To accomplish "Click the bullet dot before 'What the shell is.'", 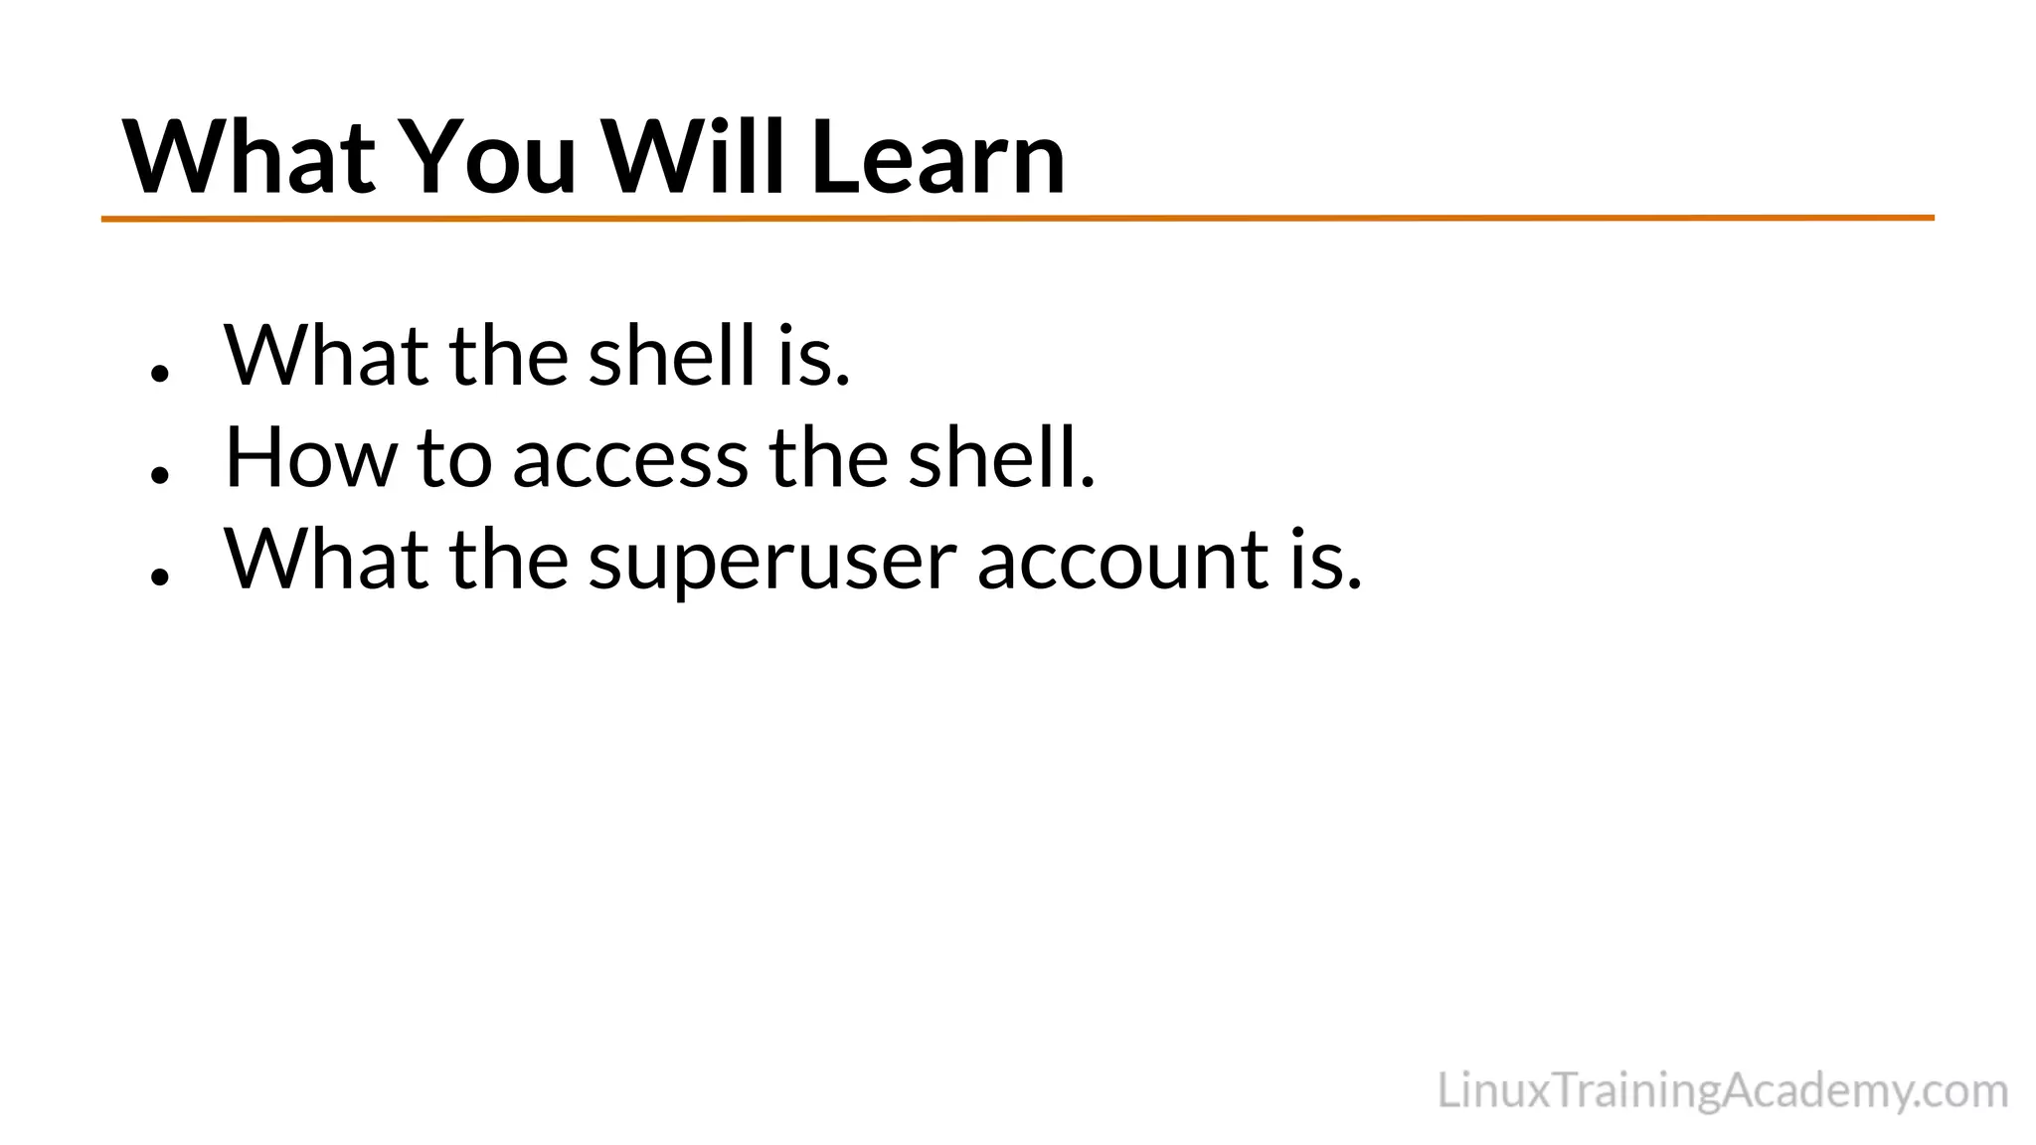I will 159,373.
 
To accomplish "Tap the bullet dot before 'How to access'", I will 159,474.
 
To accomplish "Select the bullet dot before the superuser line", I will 159,575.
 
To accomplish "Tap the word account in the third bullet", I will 1124,561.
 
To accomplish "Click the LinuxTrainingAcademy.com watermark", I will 1722,1091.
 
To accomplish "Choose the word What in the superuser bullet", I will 326,560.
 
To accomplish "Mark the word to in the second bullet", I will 454,459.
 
